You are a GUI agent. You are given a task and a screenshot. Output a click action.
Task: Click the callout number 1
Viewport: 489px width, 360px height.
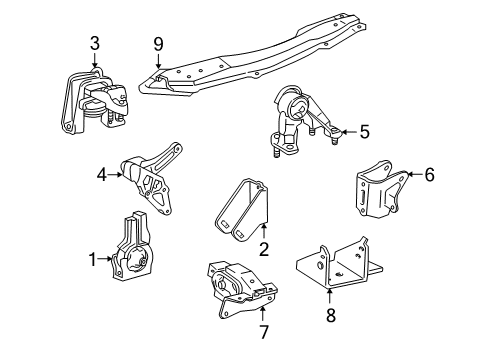point(93,260)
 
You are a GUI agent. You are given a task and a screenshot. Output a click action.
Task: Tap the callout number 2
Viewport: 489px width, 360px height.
point(264,252)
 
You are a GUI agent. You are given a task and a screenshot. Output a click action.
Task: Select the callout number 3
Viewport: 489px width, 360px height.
point(94,42)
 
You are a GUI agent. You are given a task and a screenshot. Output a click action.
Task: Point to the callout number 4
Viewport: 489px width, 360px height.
point(101,173)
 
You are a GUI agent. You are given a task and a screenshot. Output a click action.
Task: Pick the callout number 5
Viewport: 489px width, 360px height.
point(363,130)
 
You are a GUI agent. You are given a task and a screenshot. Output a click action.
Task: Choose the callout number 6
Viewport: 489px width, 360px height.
point(429,174)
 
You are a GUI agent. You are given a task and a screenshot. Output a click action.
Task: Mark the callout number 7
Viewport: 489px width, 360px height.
point(264,329)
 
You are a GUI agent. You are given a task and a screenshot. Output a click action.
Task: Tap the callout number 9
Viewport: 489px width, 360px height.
point(157,43)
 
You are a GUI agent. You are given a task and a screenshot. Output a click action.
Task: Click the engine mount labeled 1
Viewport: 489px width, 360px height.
point(133,257)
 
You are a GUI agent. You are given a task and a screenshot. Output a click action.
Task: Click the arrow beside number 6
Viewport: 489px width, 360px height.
point(411,174)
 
